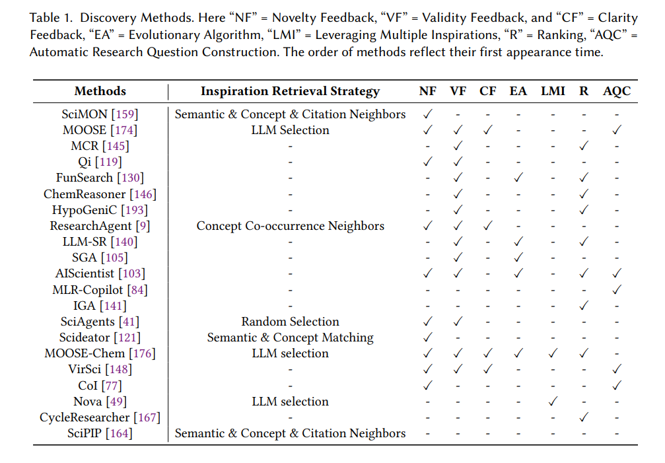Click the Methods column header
pyautogui.click(x=100, y=91)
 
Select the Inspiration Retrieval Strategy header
pyautogui.click(x=290, y=92)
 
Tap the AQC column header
pyautogui.click(x=617, y=92)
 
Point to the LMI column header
pyautogui.click(x=553, y=91)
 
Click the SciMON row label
pyautogui.click(x=100, y=114)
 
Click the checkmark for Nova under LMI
pyautogui.click(x=553, y=401)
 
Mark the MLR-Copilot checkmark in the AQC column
pyautogui.click(x=617, y=289)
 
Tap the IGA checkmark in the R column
pyautogui.click(x=584, y=305)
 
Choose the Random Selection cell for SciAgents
pyautogui.click(x=290, y=322)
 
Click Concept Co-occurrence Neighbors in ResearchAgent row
pyautogui.click(x=290, y=226)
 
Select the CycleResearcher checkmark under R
pyautogui.click(x=584, y=417)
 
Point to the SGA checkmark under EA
pyautogui.click(x=518, y=257)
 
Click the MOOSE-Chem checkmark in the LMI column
pyautogui.click(x=553, y=353)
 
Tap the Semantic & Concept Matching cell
pyautogui.click(x=290, y=338)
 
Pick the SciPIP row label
pyautogui.click(x=100, y=433)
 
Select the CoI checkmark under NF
pyautogui.click(x=427, y=385)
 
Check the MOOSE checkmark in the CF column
pyautogui.click(x=488, y=129)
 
